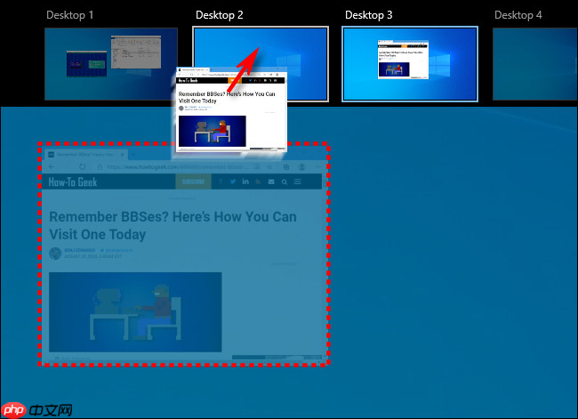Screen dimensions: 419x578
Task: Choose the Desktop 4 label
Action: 518,15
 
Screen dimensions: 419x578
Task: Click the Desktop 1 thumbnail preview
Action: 110,63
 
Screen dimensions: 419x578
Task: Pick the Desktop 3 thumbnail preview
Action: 410,63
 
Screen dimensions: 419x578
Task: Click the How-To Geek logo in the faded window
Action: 74,182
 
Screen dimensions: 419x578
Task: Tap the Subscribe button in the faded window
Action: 190,182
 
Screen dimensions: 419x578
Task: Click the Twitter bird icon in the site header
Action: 233,182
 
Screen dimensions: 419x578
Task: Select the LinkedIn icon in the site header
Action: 245,182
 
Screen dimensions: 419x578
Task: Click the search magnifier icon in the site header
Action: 285,182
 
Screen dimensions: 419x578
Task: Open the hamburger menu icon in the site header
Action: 298,182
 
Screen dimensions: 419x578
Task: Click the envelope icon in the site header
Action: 271,182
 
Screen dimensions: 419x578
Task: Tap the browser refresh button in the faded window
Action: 82,166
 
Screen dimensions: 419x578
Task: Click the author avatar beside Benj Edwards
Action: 55,254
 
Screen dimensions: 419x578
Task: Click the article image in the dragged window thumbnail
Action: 212,131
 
